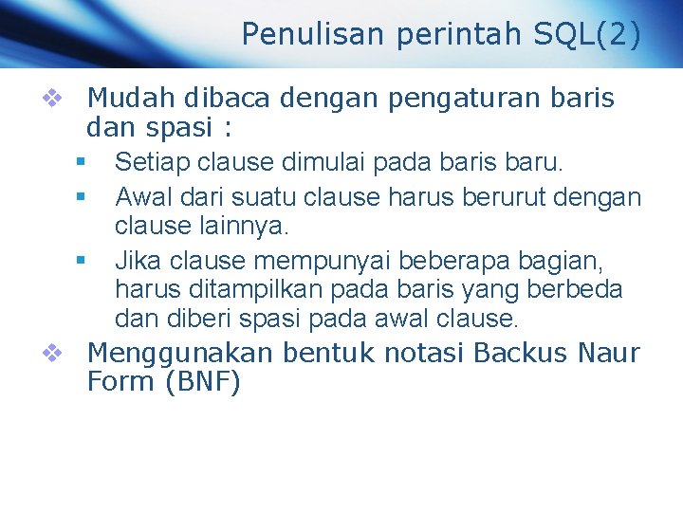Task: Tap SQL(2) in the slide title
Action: (588, 34)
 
